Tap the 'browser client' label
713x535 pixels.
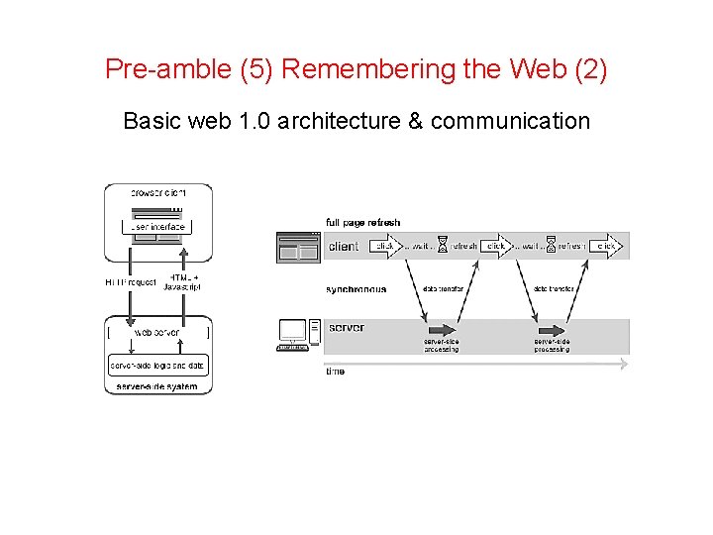click(158, 192)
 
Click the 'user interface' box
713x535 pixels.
click(158, 227)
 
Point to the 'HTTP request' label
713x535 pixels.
click(131, 282)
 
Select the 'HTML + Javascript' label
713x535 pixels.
click(182, 281)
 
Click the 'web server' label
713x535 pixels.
click(157, 333)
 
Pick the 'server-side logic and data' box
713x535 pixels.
click(158, 366)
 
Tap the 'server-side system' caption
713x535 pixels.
click(157, 385)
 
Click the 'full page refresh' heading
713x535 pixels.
click(363, 222)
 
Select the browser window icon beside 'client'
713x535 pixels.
click(299, 246)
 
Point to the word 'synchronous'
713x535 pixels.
click(356, 289)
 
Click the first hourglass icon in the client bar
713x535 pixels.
click(443, 246)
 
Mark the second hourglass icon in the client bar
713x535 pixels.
click(552, 246)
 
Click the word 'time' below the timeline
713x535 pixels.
click(336, 371)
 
